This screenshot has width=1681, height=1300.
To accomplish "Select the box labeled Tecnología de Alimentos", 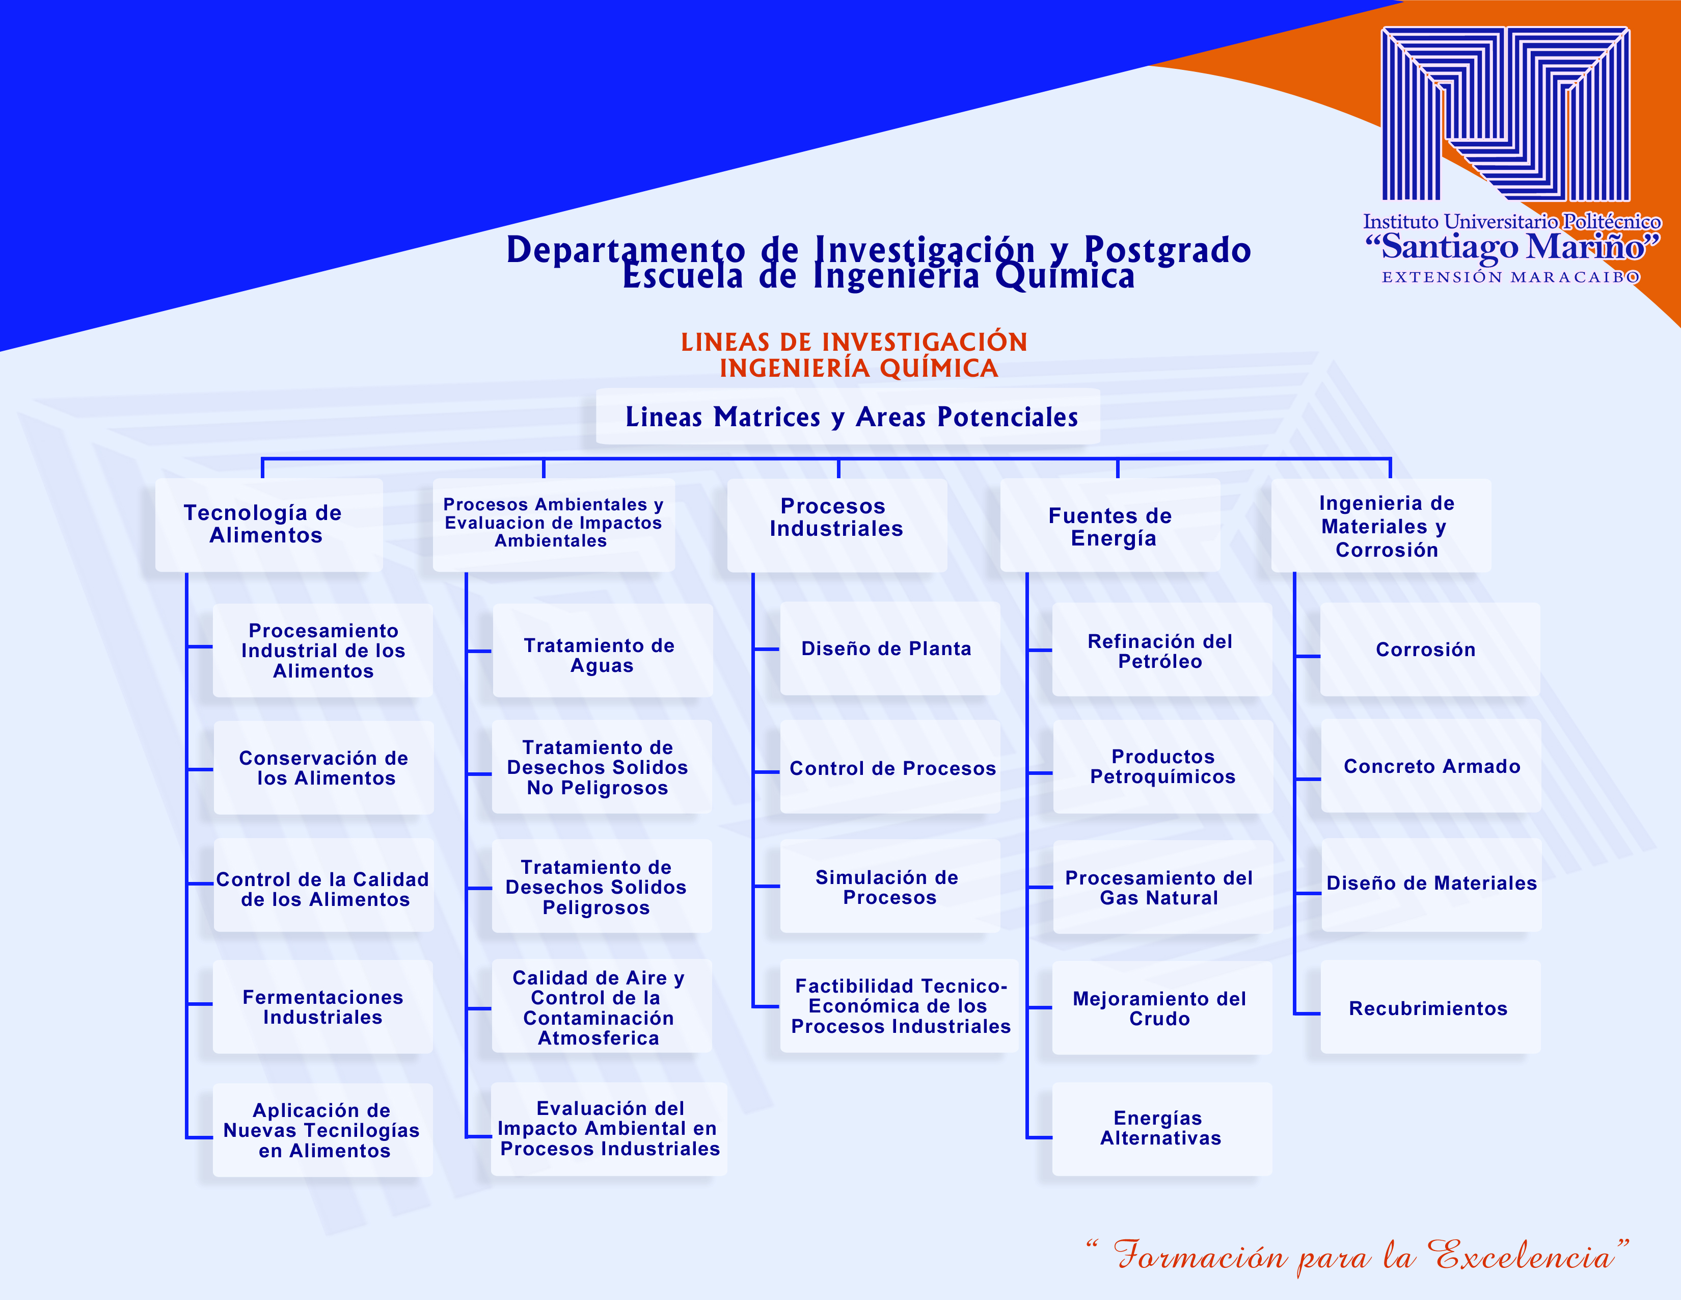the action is point(268,525).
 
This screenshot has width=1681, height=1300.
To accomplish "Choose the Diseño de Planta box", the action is point(890,648).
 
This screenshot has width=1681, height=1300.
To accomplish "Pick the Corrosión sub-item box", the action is point(1430,649).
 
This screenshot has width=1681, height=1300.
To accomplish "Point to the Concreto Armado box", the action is point(1431,766).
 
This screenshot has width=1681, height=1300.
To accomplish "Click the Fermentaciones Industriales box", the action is point(322,1006).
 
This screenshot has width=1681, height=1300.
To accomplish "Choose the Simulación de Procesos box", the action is point(890,887).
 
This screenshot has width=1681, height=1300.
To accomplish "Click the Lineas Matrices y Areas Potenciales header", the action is point(848,417).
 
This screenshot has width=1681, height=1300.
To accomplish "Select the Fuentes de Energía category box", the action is point(1110,525).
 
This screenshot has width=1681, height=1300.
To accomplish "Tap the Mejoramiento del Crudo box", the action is point(1161,1007).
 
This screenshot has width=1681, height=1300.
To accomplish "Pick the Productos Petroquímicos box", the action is point(1163,766).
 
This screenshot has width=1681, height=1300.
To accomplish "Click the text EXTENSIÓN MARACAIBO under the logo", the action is point(1510,277).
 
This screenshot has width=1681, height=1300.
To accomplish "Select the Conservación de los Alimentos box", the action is point(323,767).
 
